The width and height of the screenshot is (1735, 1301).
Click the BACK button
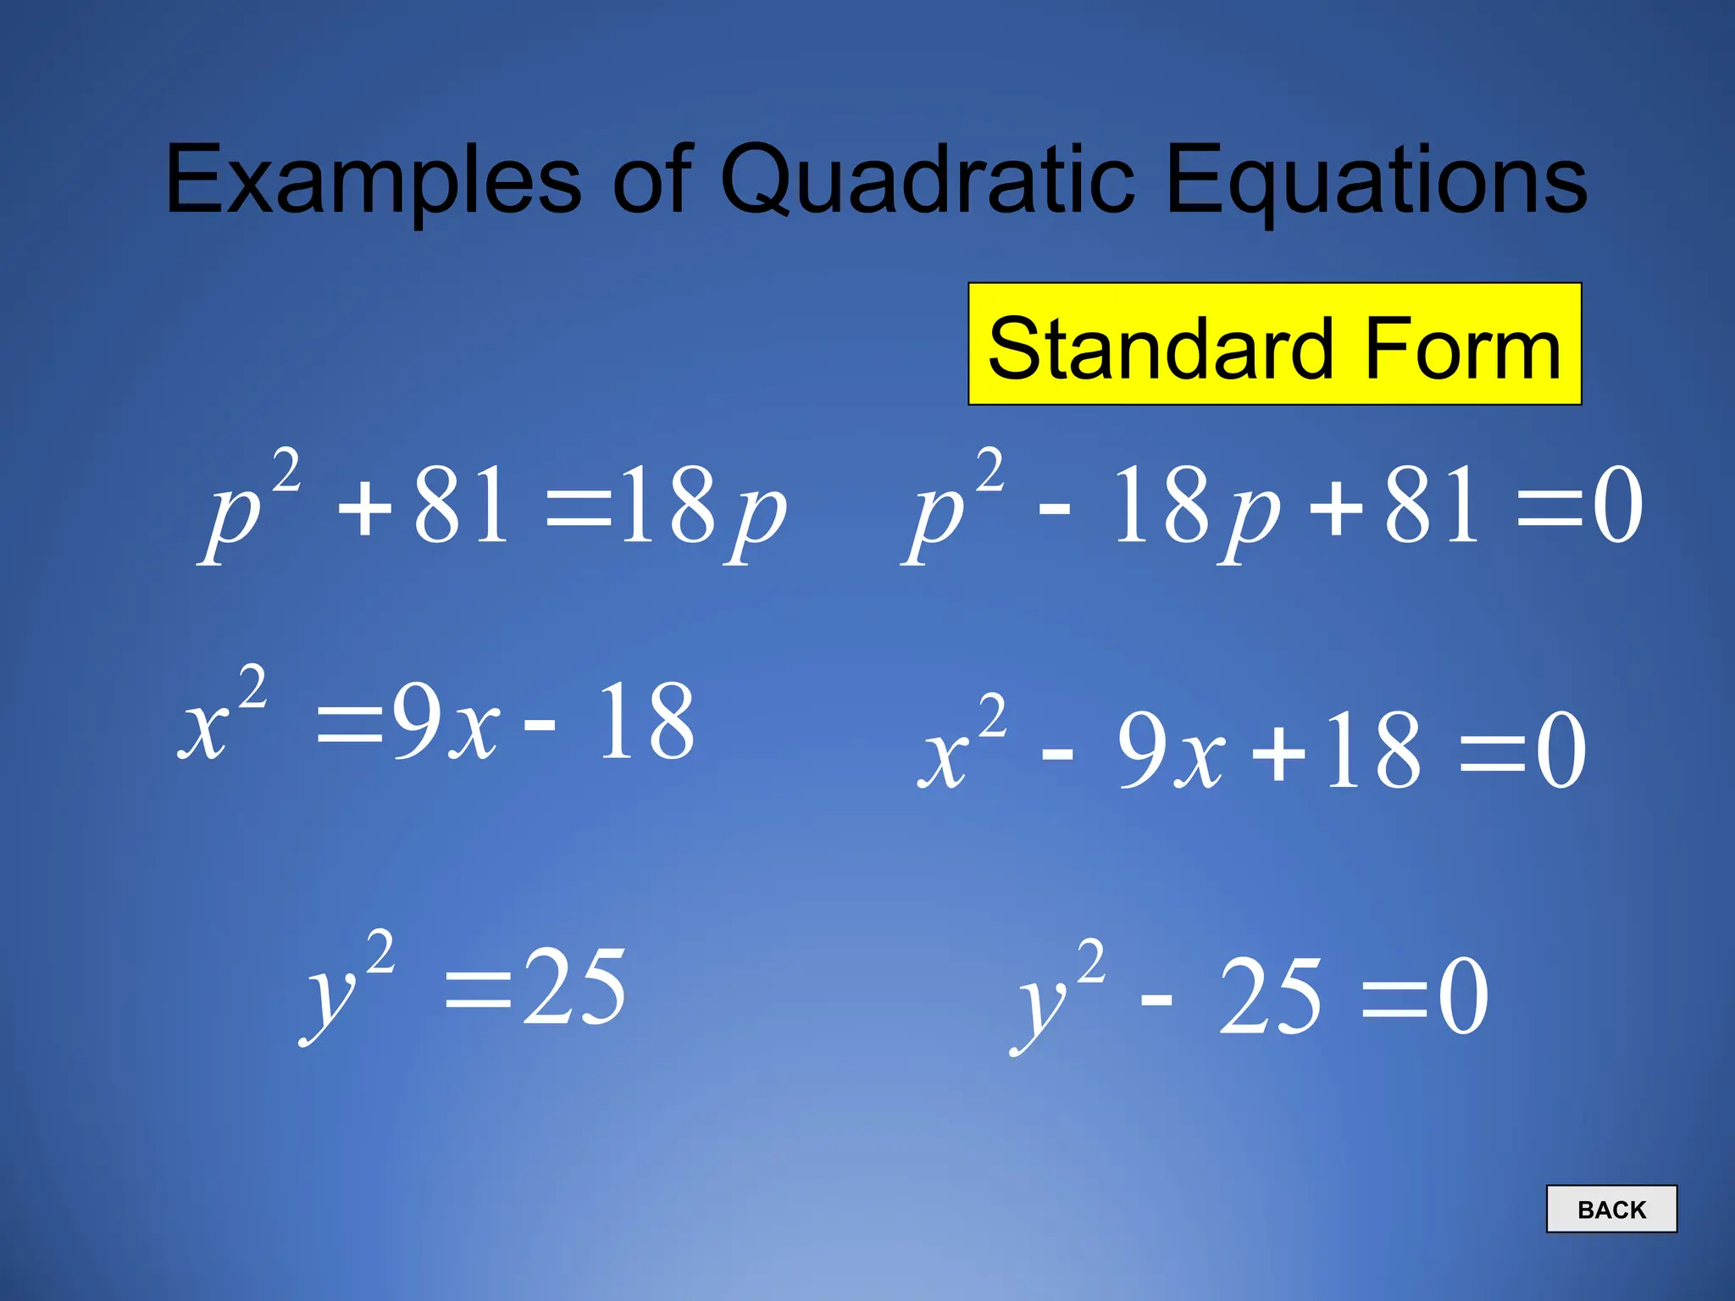[x=1610, y=1209]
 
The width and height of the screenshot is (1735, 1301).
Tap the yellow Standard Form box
[x=1274, y=344]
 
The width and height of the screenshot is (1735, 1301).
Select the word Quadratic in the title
[x=927, y=180]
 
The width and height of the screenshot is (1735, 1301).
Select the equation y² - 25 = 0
[x=1250, y=995]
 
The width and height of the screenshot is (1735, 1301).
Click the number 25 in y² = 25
[x=574, y=987]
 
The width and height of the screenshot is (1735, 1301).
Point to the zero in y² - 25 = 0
[x=1463, y=997]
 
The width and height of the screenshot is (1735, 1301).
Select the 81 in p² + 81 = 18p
[x=462, y=506]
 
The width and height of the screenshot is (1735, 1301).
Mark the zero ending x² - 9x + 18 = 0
[x=1560, y=750]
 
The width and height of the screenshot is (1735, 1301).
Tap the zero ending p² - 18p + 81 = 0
[x=1618, y=506]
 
